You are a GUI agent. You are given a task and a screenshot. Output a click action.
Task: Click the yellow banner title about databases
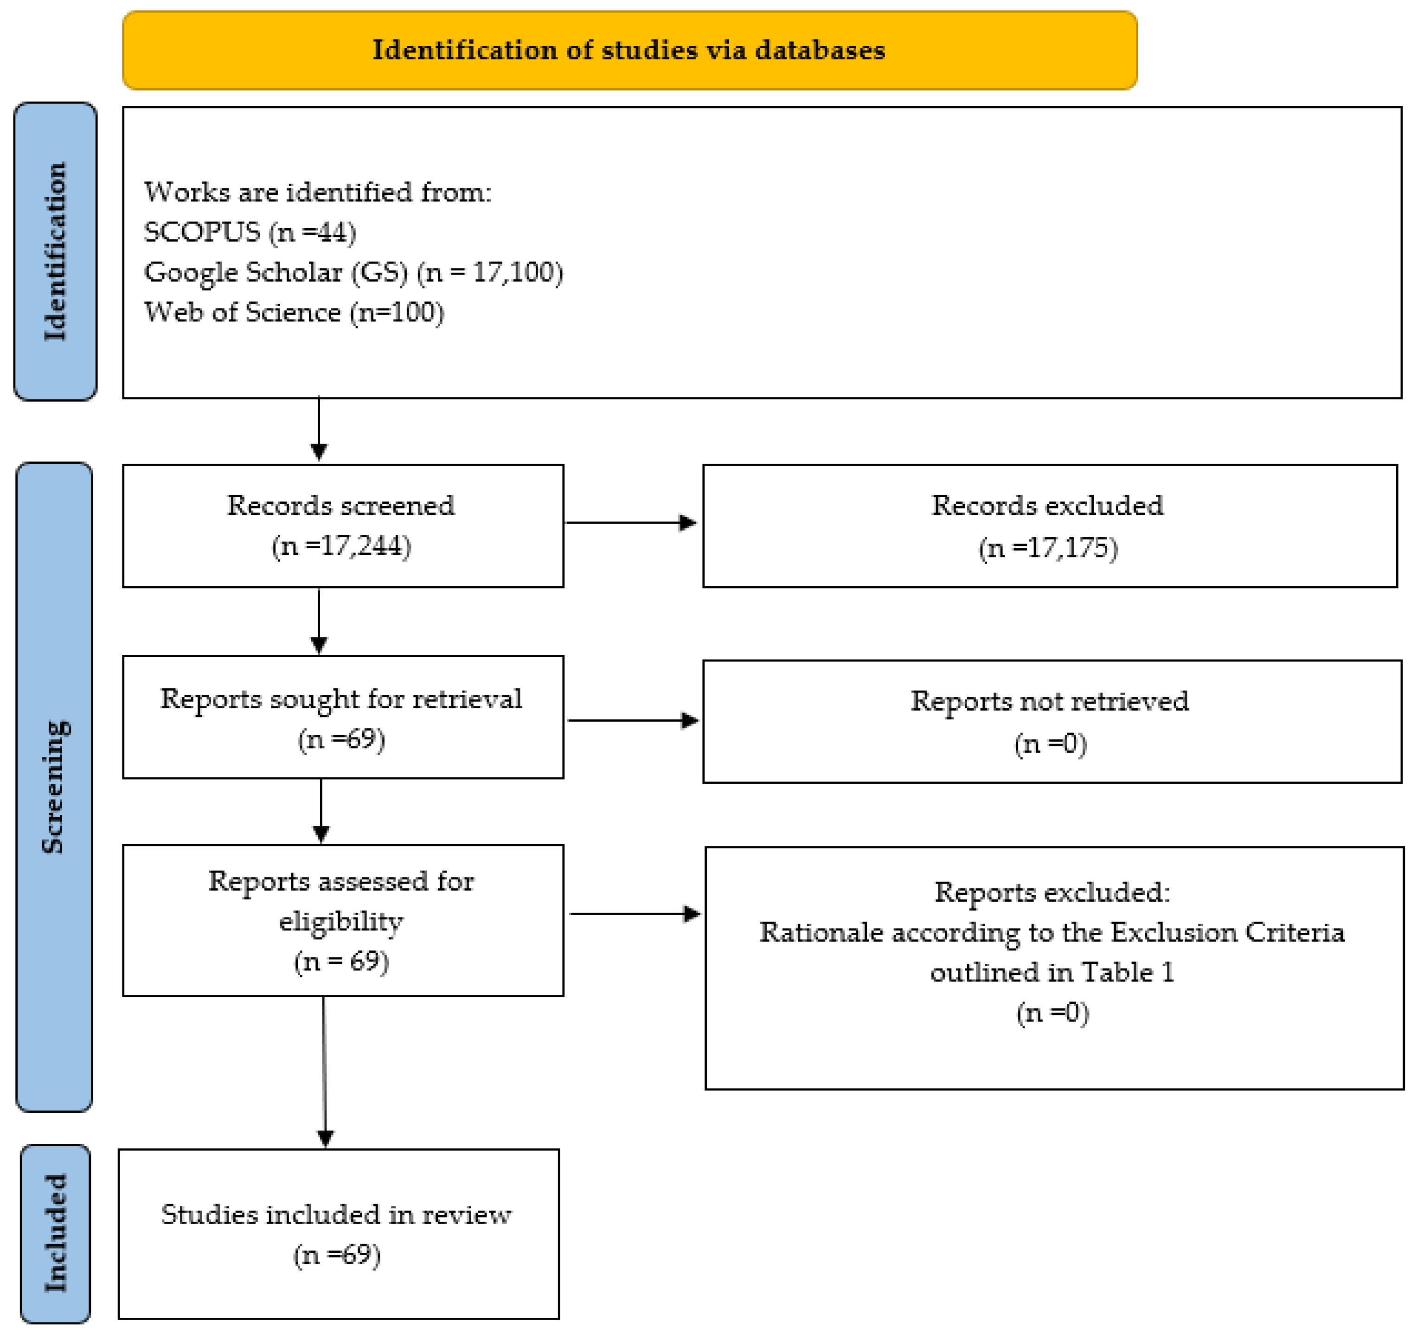click(628, 51)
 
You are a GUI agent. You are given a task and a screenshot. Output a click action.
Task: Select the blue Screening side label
click(54, 786)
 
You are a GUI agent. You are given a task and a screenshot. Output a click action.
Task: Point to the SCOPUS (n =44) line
click(250, 232)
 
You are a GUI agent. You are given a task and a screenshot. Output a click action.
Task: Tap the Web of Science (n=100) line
click(294, 312)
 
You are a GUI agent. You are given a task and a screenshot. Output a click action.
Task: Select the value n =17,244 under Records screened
click(341, 546)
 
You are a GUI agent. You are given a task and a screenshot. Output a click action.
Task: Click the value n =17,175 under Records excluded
click(1048, 548)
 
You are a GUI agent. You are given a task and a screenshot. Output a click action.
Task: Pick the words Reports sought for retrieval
click(341, 699)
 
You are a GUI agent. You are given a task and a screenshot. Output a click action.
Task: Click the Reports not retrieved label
click(1049, 701)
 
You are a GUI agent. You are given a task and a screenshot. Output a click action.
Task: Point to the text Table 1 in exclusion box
click(1128, 973)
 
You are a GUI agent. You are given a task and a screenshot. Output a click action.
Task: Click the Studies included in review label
click(336, 1214)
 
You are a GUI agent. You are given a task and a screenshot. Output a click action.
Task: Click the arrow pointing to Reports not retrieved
click(632, 720)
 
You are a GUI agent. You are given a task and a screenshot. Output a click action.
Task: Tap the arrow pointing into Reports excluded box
click(635, 914)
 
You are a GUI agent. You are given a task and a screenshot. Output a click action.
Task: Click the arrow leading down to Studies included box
click(324, 1069)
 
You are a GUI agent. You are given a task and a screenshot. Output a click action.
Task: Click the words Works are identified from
click(318, 192)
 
